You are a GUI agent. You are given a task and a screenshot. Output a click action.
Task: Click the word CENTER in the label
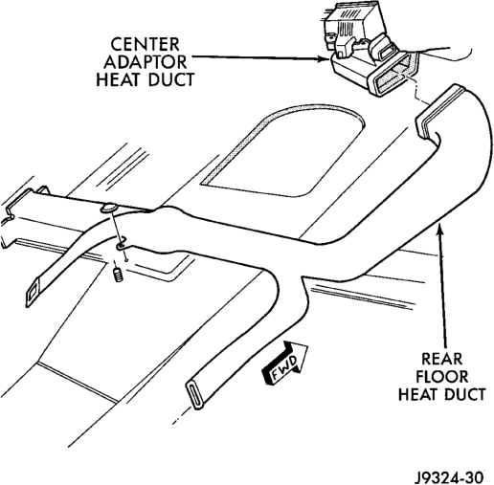point(145,44)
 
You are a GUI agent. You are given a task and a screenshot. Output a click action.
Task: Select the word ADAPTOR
point(145,62)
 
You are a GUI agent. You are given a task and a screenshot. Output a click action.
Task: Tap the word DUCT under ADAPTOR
point(171,79)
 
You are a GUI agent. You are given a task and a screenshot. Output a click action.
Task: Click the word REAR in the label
point(441,359)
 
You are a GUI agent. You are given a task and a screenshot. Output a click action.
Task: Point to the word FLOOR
point(441,377)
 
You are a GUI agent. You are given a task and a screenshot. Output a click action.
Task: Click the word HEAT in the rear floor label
point(418,394)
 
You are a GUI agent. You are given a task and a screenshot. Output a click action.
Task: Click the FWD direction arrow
point(284,362)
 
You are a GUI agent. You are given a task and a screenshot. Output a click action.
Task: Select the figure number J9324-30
point(448,477)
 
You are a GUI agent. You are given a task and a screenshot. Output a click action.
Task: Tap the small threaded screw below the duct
point(118,275)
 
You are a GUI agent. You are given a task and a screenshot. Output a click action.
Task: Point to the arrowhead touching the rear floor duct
point(440,229)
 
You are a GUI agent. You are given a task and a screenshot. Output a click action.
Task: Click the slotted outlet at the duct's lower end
point(194,394)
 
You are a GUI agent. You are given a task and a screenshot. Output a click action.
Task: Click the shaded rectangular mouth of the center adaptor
point(393,74)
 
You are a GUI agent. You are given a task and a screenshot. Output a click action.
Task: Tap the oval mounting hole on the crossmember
point(108,209)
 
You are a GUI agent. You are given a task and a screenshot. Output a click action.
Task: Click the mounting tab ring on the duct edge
point(122,245)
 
